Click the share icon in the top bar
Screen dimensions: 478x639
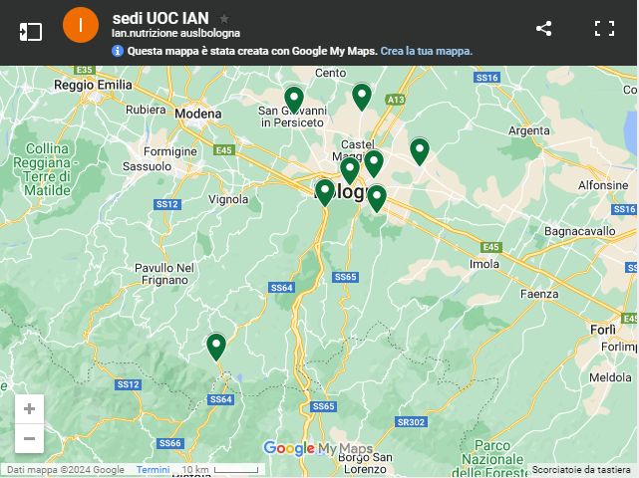[x=543, y=29]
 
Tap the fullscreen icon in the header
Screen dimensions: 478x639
[x=604, y=29]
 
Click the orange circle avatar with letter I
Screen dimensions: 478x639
[x=81, y=26]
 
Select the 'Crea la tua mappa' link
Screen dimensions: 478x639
[x=426, y=51]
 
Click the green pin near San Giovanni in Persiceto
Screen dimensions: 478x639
[x=293, y=99]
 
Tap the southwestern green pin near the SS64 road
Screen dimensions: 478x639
[x=216, y=346]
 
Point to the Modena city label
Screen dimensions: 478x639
[x=197, y=114]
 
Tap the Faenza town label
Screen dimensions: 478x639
[x=539, y=294]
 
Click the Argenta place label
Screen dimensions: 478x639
[x=528, y=130]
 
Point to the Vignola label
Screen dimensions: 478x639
[x=228, y=199]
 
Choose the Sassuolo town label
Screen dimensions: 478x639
[x=147, y=165]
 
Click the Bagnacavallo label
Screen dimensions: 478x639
[x=589, y=231]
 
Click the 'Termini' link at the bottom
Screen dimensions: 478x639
[x=153, y=470]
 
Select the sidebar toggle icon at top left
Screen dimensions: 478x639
[x=30, y=30]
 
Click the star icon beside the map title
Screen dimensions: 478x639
[x=224, y=19]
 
